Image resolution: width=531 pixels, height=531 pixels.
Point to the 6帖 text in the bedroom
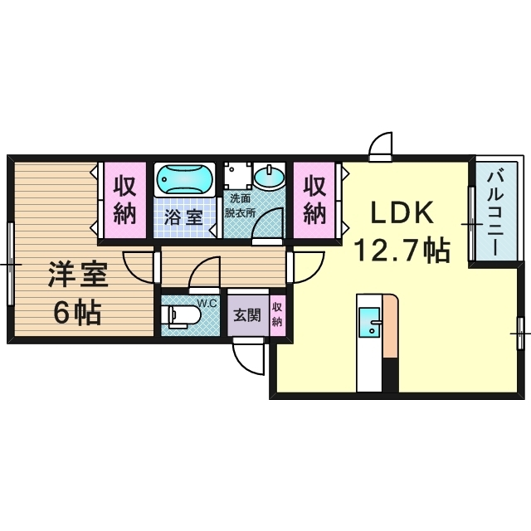click(76, 312)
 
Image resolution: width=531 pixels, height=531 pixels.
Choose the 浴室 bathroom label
click(183, 218)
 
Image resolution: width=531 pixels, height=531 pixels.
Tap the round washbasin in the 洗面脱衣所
click(270, 177)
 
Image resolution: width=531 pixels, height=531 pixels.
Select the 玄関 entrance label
click(246, 314)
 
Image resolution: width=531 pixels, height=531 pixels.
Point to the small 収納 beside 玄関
click(277, 314)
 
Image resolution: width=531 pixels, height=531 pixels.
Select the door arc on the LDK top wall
click(382, 146)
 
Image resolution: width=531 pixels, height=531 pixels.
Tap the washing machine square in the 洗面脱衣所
click(237, 174)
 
